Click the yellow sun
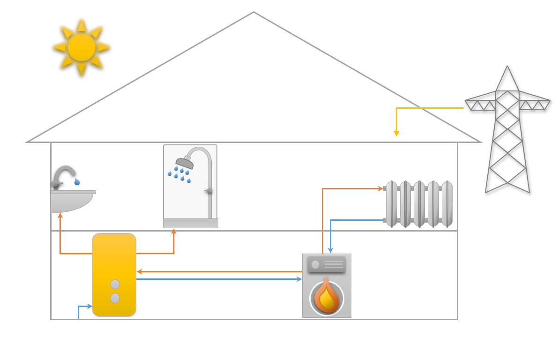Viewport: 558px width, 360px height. coord(82,47)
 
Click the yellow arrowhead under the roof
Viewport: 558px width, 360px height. coord(396,134)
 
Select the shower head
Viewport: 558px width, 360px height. coord(185,163)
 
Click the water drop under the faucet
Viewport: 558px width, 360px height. coord(77,181)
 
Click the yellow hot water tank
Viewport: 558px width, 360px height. coord(114,262)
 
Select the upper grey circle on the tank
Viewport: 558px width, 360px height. coord(115,284)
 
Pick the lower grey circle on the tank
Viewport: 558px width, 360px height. coord(115,298)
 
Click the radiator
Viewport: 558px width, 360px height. coord(419,204)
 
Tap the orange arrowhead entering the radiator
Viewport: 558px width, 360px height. coord(380,188)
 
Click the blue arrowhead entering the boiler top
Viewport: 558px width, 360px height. coord(330,250)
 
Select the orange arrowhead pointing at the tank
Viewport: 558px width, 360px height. coord(140,271)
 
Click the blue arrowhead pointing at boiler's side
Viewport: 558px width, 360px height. coord(299,279)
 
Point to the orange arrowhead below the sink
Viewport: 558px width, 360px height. coord(60,216)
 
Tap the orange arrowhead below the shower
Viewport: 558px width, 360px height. coord(174,232)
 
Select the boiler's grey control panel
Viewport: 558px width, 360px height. coord(327,264)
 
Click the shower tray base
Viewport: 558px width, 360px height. coord(190,223)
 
